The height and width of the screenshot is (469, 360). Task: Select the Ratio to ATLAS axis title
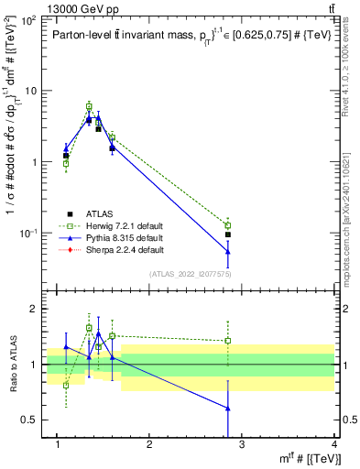(13, 365)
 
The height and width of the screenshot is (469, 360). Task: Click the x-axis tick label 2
(149, 445)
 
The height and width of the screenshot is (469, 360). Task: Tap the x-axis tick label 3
(242, 445)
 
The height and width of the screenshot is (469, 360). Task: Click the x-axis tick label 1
(57, 445)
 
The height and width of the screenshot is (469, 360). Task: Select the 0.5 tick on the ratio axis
(34, 420)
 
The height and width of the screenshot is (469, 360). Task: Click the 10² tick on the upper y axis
(32, 19)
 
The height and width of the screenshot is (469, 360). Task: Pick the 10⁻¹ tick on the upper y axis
(32, 234)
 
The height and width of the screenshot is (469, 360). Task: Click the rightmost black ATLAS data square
(227, 234)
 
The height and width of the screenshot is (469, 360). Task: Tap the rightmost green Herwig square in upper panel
(227, 225)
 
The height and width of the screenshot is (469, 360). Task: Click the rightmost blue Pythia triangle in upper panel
(227, 252)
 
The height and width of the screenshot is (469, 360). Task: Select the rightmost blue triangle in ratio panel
(227, 408)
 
